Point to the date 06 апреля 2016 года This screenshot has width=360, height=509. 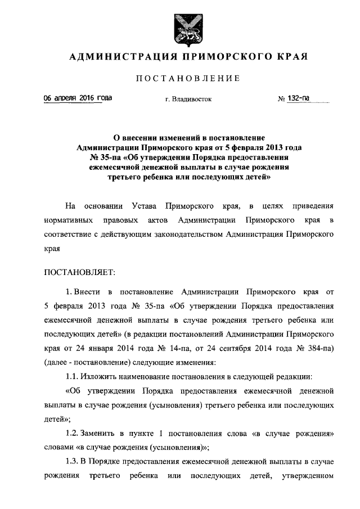(78, 98)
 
